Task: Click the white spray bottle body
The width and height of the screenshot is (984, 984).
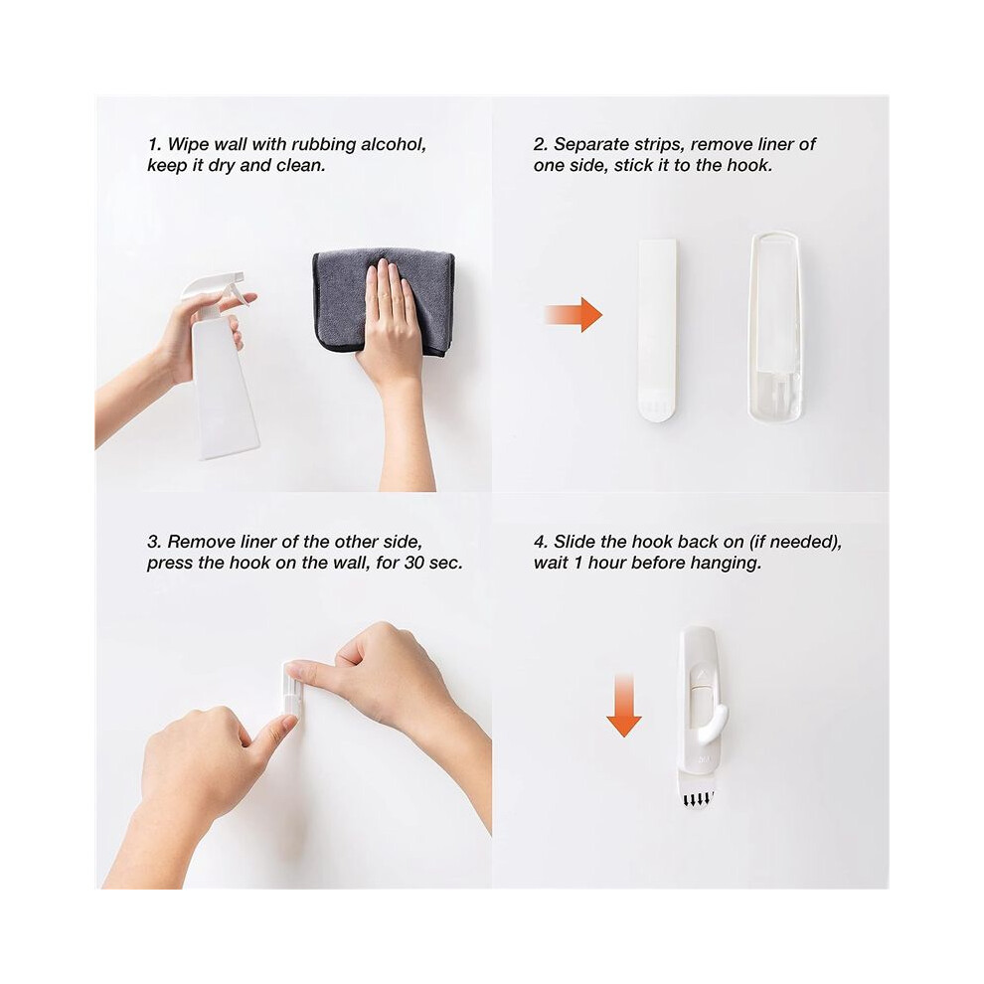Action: coord(224,389)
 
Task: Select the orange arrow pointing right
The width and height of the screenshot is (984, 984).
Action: coord(574,314)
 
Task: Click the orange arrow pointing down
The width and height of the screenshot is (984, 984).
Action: coord(624,706)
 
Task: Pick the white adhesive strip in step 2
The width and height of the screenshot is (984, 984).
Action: coord(657,329)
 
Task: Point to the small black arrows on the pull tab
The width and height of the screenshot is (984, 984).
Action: coord(698,800)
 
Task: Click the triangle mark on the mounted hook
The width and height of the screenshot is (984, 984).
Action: coord(701,676)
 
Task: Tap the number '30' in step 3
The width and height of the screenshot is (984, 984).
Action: coord(414,563)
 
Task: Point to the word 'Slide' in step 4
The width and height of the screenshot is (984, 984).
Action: coord(574,542)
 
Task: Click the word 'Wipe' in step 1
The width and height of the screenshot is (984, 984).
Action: coord(188,145)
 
